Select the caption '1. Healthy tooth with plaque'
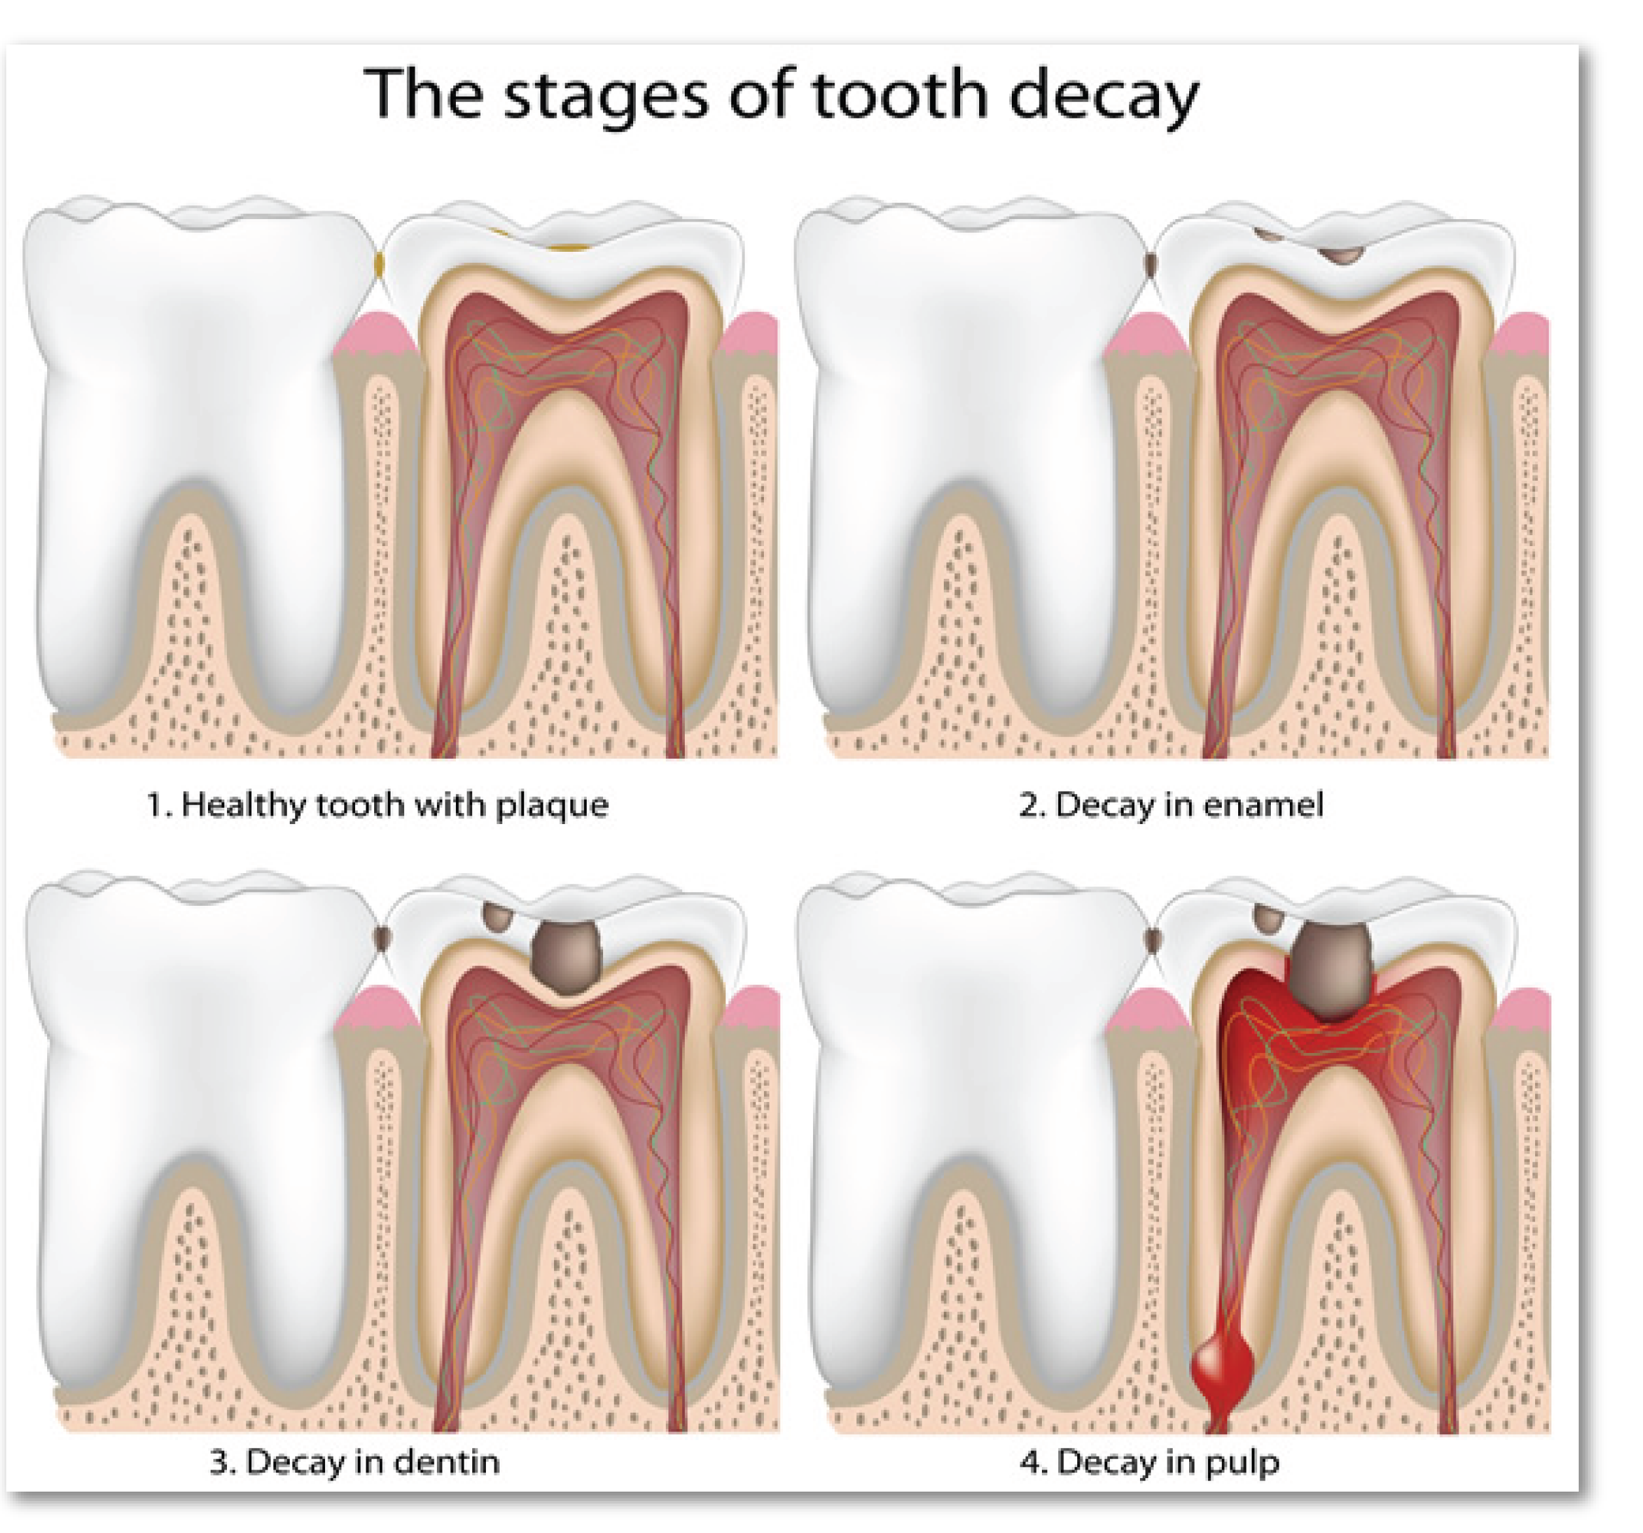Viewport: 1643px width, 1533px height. [x=377, y=805]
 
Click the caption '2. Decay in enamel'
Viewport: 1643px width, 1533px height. [x=1171, y=805]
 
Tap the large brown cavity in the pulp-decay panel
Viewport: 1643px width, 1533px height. [x=1333, y=967]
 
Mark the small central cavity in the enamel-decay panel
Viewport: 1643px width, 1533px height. [x=1341, y=254]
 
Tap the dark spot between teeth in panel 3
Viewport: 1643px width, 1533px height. [x=382, y=937]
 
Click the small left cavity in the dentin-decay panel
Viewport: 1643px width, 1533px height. [x=498, y=915]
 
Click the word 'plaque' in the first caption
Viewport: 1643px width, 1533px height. [x=552, y=806]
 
